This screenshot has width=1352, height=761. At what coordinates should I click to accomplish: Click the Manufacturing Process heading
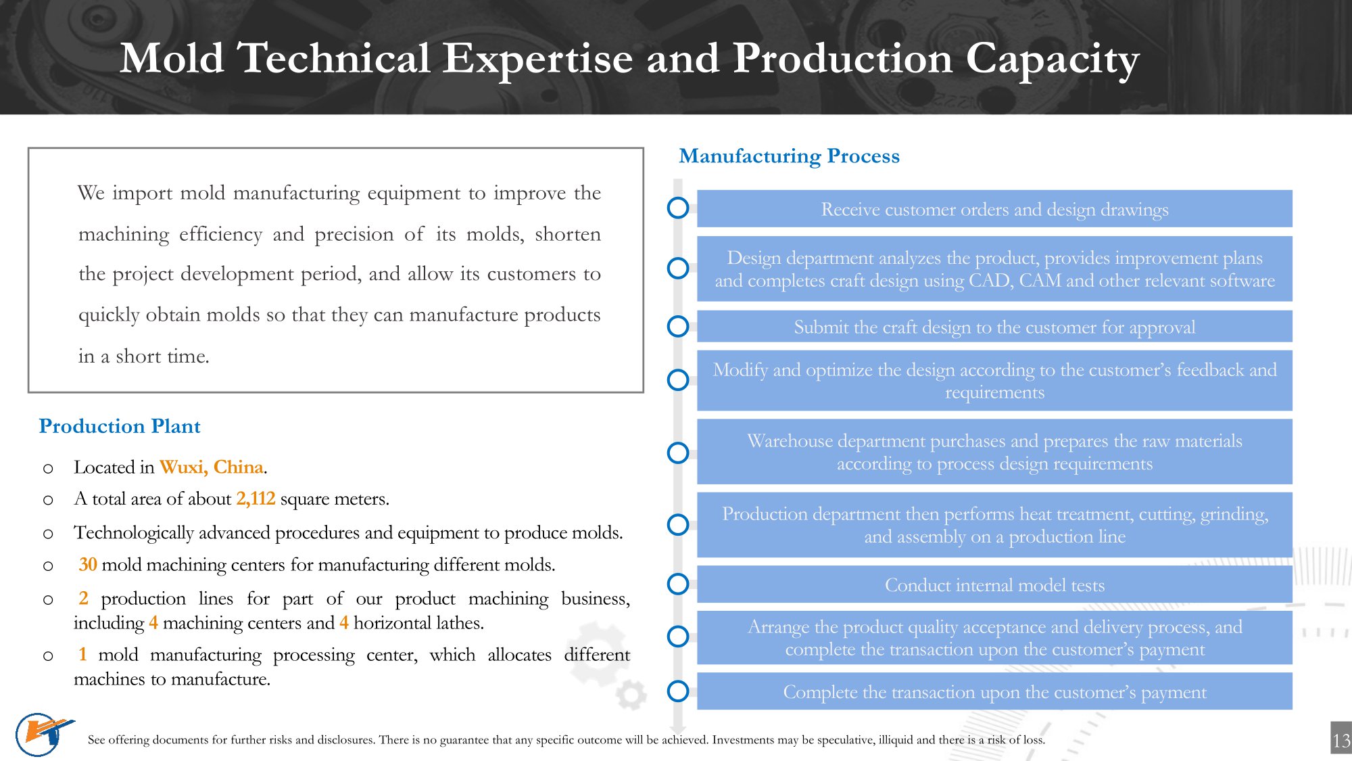pyautogui.click(x=789, y=156)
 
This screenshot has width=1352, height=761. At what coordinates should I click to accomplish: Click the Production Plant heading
pyautogui.click(x=120, y=426)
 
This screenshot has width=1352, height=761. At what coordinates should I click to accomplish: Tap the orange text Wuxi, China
pyautogui.click(x=212, y=467)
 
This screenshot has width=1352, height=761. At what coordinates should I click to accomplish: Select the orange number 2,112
pyautogui.click(x=256, y=499)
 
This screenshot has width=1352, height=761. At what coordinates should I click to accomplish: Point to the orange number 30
pyautogui.click(x=88, y=565)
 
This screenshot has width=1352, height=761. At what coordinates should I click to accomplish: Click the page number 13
pyautogui.click(x=1341, y=741)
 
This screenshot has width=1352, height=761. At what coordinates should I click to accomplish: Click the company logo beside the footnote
pyautogui.click(x=42, y=734)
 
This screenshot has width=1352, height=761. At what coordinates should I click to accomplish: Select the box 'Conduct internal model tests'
pyautogui.click(x=994, y=585)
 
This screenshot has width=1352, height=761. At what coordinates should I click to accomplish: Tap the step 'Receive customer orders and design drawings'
pyautogui.click(x=994, y=210)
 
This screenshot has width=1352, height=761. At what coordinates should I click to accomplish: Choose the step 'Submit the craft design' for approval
pyautogui.click(x=994, y=327)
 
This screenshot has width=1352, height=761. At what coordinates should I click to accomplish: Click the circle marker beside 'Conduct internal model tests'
pyautogui.click(x=678, y=584)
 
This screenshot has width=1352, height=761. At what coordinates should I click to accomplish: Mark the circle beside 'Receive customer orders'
pyautogui.click(x=678, y=208)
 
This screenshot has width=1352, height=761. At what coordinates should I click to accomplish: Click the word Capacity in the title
pyautogui.click(x=1052, y=60)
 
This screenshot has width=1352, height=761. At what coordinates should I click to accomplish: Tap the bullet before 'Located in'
pyautogui.click(x=48, y=468)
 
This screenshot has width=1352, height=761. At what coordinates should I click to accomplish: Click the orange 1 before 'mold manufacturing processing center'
pyautogui.click(x=82, y=655)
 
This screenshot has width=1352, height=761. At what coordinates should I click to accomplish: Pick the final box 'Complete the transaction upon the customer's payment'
pyautogui.click(x=994, y=692)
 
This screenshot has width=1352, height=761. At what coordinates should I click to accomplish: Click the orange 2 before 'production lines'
pyautogui.click(x=83, y=599)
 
